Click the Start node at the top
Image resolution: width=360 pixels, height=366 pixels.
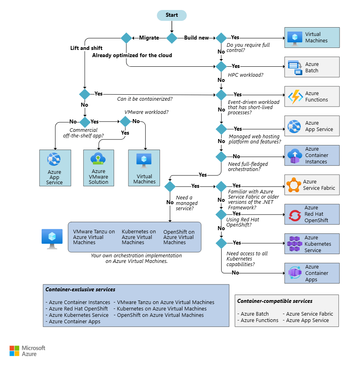172,15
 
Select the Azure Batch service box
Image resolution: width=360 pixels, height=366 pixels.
312,67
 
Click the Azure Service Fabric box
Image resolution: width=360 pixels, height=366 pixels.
312,185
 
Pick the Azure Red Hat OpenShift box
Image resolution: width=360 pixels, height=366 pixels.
312,214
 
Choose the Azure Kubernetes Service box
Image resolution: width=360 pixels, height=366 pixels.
312,244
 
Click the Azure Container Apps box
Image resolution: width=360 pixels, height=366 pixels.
312,273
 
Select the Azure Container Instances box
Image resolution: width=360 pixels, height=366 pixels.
312,155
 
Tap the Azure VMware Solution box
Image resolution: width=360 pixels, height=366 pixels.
98,168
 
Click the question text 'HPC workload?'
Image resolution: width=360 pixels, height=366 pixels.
246,75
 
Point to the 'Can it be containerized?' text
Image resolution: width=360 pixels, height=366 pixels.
145,99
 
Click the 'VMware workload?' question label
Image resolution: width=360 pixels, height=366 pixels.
146,112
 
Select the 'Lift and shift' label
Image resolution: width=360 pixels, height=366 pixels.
86,48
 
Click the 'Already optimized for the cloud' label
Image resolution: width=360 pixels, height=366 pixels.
132,55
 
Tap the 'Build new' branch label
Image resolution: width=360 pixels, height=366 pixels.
196,38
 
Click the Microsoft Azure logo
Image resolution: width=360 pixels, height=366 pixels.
27,351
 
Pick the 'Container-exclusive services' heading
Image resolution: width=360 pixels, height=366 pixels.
80,290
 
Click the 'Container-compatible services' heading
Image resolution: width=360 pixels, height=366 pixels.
275,301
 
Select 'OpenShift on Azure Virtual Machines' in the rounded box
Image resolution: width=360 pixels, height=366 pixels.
179,237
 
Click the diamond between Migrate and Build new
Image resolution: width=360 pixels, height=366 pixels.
172,38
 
